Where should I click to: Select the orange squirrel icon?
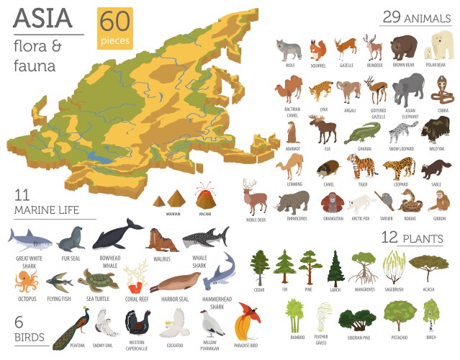click(x=317, y=50)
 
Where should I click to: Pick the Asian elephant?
click(x=408, y=89)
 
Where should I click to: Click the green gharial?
click(x=361, y=132)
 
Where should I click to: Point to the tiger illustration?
click(x=361, y=166)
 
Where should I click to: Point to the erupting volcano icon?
click(x=205, y=196)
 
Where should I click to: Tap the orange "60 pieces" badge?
click(x=115, y=29)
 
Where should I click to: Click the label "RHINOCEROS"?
click(x=295, y=217)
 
